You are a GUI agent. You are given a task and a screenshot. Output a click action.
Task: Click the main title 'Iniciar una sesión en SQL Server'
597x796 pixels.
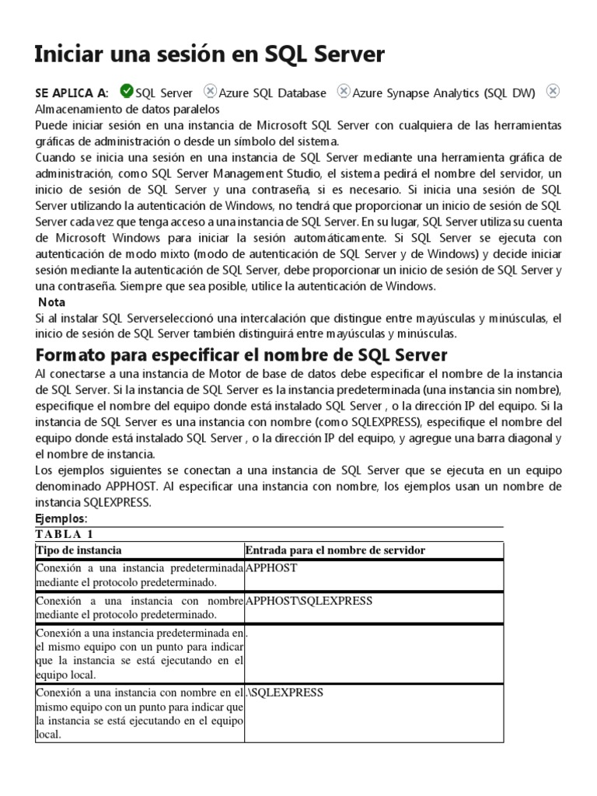tap(210, 54)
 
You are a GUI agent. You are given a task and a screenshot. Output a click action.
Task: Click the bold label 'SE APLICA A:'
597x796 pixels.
tap(72, 93)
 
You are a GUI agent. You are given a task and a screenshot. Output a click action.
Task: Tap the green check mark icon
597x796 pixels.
tap(127, 92)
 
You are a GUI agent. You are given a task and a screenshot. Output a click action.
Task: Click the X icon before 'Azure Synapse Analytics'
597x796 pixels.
tap(343, 92)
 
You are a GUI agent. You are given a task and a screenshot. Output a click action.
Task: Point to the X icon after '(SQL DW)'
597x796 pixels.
tap(552, 92)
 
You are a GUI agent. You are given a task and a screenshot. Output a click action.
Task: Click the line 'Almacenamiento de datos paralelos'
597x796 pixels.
tap(127, 110)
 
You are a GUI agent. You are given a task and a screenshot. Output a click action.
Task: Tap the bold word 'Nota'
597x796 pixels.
tap(51, 302)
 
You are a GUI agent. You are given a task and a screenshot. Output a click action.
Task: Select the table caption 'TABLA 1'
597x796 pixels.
tap(65, 534)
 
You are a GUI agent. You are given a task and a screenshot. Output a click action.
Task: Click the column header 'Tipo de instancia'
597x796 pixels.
tap(79, 550)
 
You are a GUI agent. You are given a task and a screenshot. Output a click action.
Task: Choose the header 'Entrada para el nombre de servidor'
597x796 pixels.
tap(335, 550)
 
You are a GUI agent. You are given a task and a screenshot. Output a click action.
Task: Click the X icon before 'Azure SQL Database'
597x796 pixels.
tap(210, 92)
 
